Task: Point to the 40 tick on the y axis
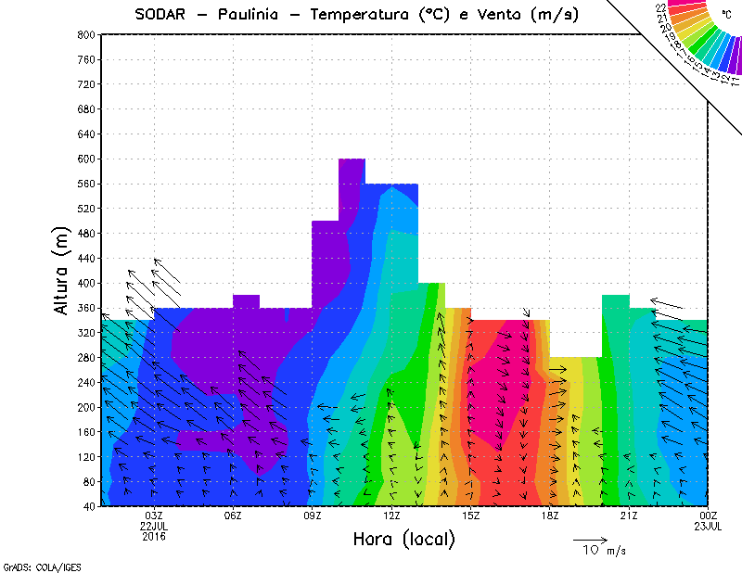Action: (87, 506)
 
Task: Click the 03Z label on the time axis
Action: (154, 516)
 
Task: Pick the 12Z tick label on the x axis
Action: (391, 516)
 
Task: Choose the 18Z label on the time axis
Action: (550, 516)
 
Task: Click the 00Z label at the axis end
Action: (709, 516)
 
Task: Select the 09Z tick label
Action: (313, 516)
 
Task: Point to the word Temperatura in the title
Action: (363, 14)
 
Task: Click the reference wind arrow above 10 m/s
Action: (590, 539)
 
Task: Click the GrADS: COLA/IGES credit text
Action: (28, 565)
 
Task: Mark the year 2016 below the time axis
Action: (154, 536)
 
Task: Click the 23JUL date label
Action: (709, 526)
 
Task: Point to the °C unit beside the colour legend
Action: (725, 14)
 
